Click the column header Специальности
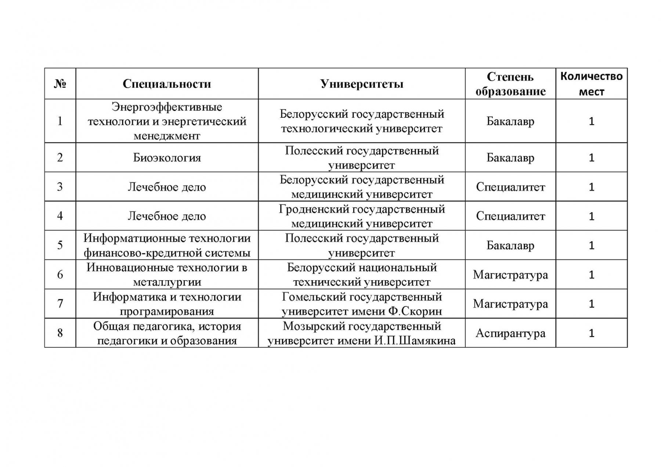click(167, 84)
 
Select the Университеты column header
click(361, 84)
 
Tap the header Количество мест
click(591, 84)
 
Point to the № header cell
click(60, 84)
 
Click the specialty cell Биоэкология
click(167, 158)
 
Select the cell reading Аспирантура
click(510, 333)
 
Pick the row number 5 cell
click(60, 245)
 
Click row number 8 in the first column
click(60, 333)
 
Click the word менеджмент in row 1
click(167, 136)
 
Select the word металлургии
click(167, 282)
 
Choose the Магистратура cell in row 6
click(510, 274)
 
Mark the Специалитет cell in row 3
click(510, 187)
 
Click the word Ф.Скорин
click(415, 311)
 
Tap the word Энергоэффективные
click(167, 107)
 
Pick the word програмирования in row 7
click(167, 311)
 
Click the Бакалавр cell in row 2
click(510, 158)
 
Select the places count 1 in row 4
click(591, 216)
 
